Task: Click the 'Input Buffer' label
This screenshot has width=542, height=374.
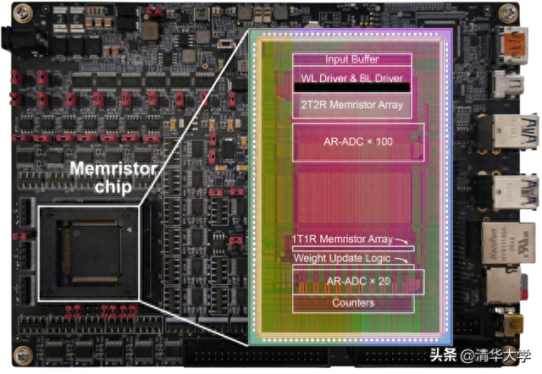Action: coord(352,59)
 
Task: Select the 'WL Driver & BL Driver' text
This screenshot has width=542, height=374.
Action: coord(352,78)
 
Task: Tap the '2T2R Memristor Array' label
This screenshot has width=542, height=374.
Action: coord(352,105)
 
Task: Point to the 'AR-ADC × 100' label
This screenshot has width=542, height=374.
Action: coord(358,141)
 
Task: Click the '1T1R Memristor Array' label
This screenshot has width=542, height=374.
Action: coord(342,239)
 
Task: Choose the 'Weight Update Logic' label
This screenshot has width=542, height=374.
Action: coord(342,258)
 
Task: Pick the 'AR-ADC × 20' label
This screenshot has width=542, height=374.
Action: coord(358,281)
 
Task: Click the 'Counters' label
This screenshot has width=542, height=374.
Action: coord(353,303)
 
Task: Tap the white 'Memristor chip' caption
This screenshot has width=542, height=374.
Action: coord(113,178)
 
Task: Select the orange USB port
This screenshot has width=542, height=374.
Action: coord(512,44)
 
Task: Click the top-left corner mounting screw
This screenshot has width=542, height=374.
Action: coord(23,14)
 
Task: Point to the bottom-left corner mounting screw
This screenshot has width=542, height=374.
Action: coord(23,355)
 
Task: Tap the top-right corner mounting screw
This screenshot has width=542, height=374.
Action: coord(508,14)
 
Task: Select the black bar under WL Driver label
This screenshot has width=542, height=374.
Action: coord(352,87)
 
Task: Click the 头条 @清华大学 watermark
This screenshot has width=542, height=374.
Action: coord(480,355)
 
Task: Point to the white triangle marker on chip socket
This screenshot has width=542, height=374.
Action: coord(130,229)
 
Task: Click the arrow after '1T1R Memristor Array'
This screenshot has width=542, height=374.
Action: coord(401,240)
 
